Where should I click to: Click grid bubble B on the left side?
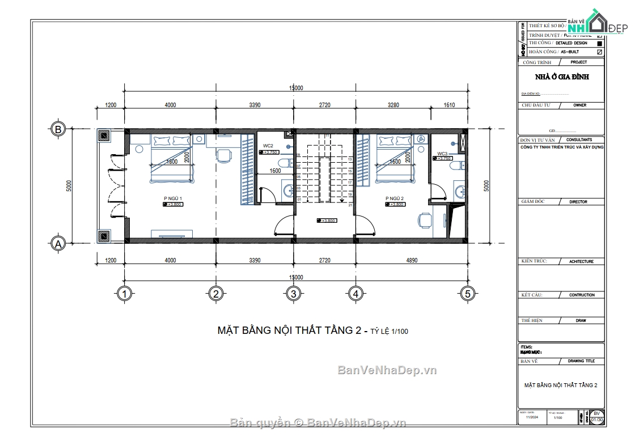pyautogui.click(x=58, y=129)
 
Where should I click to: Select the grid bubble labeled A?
pyautogui.click(x=57, y=244)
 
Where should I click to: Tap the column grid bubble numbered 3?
pyautogui.click(x=293, y=294)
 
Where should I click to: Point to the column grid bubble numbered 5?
pyautogui.click(x=467, y=294)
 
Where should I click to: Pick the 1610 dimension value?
pyautogui.click(x=449, y=105)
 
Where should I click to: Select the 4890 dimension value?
pyautogui.click(x=412, y=260)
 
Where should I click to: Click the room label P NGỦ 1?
pyautogui.click(x=173, y=198)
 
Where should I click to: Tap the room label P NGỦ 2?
pyautogui.click(x=394, y=198)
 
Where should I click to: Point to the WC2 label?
pyautogui.click(x=268, y=146)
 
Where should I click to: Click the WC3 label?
pyautogui.click(x=442, y=154)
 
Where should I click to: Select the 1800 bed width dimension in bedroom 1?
pyautogui.click(x=172, y=162)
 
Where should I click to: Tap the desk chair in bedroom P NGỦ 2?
pyautogui.click(x=424, y=220)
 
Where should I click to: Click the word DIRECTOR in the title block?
pyautogui.click(x=578, y=202)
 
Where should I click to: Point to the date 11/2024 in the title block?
pyautogui.click(x=531, y=417)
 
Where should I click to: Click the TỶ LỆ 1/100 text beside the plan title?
pyautogui.click(x=389, y=332)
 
